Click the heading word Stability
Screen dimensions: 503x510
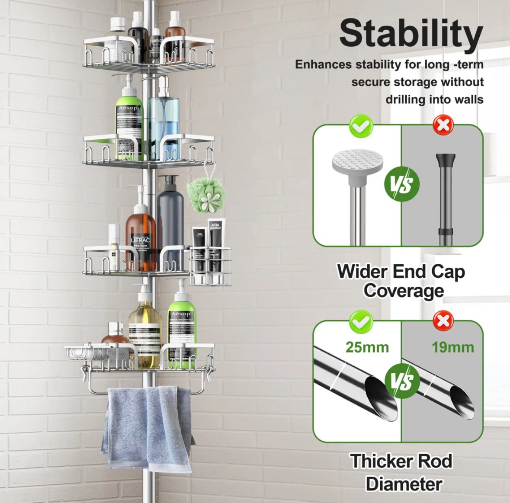point(411,33)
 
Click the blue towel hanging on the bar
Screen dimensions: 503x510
point(147,428)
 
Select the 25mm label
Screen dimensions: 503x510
point(367,347)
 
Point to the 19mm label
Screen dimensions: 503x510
point(452,347)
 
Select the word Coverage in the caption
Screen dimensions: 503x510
point(403,291)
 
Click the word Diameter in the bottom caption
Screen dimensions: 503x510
point(403,484)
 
